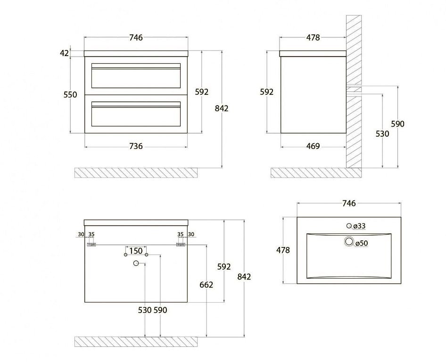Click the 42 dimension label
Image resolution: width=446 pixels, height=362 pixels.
(65, 53)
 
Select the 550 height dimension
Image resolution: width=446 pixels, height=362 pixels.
(70, 95)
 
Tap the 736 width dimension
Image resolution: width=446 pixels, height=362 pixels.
(136, 146)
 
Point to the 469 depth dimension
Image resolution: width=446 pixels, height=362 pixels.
(313, 146)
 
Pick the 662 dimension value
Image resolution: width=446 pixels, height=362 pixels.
(206, 285)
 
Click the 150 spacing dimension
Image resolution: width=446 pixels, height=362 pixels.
(136, 251)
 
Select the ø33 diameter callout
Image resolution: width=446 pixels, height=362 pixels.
(359, 226)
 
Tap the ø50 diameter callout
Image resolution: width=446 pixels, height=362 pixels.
(362, 243)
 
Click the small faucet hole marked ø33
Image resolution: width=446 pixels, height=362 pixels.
(349, 226)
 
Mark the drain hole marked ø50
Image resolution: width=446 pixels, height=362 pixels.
(349, 241)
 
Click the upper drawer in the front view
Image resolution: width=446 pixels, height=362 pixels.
(136, 75)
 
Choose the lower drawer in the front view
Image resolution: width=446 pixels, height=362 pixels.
(136, 114)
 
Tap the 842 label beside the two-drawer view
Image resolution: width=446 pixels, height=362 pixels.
(222, 108)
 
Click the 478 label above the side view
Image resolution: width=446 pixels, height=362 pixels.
(313, 38)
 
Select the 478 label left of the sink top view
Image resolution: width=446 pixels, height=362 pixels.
(283, 250)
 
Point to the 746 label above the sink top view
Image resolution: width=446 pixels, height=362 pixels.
(349, 203)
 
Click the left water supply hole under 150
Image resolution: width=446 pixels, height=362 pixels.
(125, 255)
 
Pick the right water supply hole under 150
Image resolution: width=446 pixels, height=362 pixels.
(147, 255)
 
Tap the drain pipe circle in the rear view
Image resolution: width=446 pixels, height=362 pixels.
(136, 263)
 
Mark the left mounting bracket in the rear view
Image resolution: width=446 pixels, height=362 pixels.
(91, 245)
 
